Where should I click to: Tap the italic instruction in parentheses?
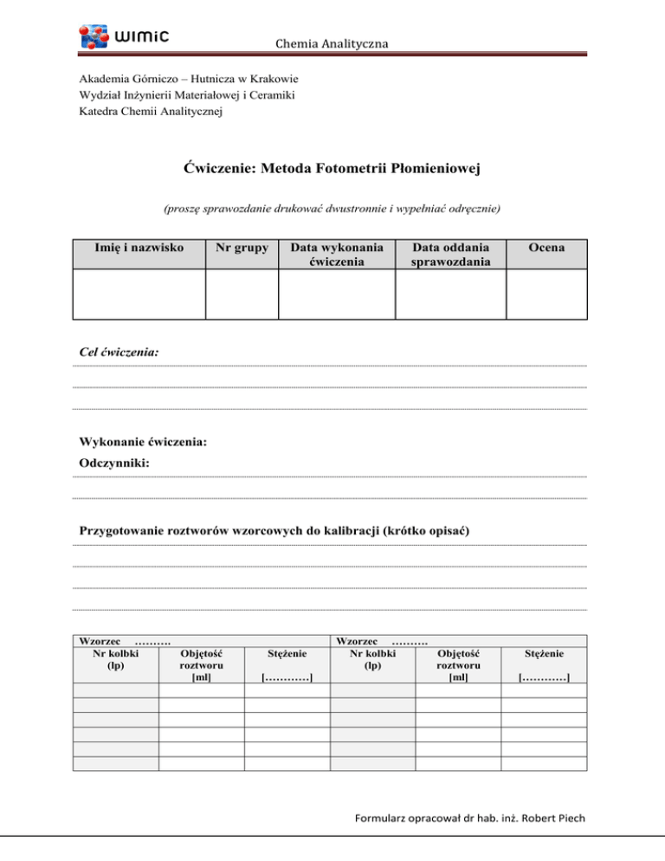(332, 209)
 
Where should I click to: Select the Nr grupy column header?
(242, 248)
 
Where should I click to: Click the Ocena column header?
(546, 248)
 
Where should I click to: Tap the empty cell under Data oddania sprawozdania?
(450, 295)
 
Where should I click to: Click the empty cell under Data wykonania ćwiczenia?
(336, 295)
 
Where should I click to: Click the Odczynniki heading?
(114, 463)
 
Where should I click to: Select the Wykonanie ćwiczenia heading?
(143, 442)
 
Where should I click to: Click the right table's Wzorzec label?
(355, 640)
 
